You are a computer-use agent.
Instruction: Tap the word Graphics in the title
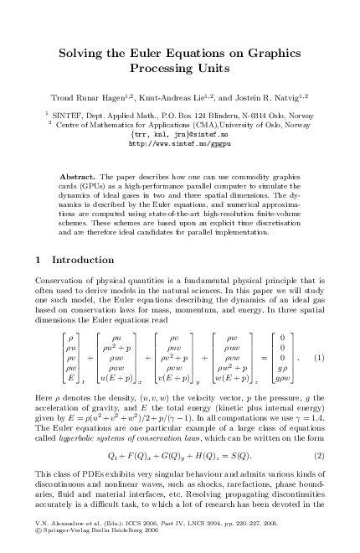(x=274, y=52)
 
